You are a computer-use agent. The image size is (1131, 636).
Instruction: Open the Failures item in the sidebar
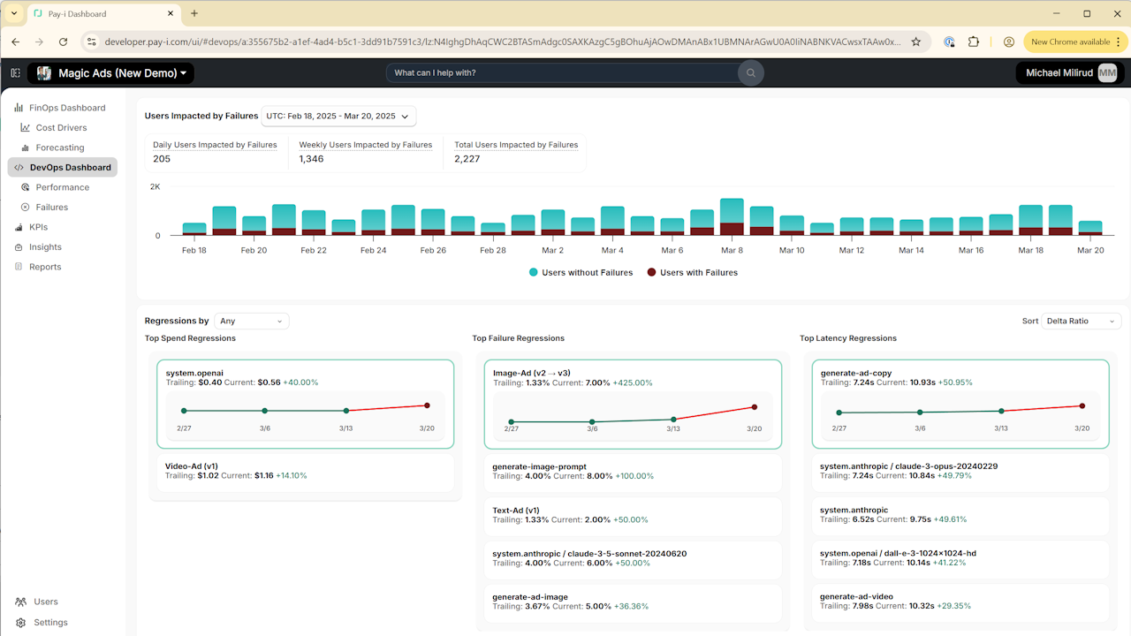click(51, 207)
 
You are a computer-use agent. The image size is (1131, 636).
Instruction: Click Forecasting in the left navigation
click(59, 148)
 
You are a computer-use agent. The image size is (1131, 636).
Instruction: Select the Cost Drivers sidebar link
click(61, 128)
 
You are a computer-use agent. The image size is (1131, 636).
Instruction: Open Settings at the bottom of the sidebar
click(50, 623)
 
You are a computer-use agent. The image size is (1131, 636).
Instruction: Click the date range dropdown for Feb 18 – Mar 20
click(338, 116)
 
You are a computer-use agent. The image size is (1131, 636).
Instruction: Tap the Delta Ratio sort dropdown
click(1081, 321)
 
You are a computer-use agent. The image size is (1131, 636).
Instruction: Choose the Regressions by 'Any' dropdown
click(252, 321)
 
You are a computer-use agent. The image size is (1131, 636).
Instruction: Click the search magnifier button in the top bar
click(751, 73)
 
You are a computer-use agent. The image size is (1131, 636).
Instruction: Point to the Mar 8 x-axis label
click(732, 250)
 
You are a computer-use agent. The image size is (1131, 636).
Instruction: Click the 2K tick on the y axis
click(155, 186)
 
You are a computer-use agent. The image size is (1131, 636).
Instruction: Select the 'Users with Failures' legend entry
click(692, 273)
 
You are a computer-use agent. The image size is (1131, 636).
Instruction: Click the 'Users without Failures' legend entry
click(581, 273)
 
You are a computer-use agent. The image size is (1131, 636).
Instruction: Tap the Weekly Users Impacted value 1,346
click(311, 159)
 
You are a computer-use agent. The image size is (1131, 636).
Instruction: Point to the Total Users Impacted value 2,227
click(467, 159)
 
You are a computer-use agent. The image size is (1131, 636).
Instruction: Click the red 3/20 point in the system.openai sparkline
click(427, 405)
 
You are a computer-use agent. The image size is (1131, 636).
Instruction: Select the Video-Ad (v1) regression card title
click(192, 466)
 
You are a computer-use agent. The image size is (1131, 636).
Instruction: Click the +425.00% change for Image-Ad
click(632, 383)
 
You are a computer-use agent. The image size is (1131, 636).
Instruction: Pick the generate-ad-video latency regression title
click(856, 596)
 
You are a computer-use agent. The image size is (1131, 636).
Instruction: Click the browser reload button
click(63, 42)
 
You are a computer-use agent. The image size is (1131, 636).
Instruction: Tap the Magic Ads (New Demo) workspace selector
click(111, 73)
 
